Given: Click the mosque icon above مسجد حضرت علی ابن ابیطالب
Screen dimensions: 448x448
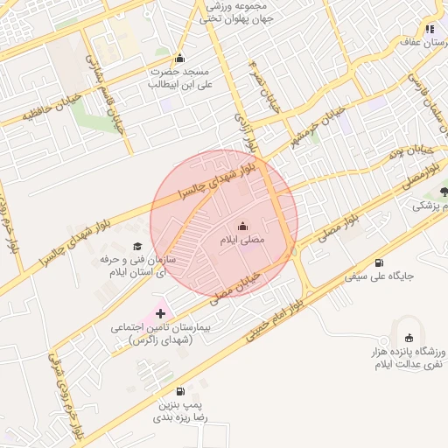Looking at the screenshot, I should tap(180, 59).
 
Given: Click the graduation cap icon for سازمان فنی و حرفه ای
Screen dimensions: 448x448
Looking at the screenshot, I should tap(136, 247).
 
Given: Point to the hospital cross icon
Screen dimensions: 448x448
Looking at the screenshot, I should tap(160, 312).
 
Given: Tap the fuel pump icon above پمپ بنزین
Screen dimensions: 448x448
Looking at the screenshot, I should tap(180, 391).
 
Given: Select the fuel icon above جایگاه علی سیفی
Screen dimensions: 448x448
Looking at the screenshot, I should tap(378, 262).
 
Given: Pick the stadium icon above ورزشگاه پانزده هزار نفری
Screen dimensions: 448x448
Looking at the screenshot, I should tap(409, 338).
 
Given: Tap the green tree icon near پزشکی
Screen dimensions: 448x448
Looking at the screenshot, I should tap(444, 191).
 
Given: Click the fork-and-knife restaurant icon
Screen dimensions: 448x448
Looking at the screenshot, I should tap(429, 29).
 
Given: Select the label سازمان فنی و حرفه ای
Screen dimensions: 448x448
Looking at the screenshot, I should tap(136, 267).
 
